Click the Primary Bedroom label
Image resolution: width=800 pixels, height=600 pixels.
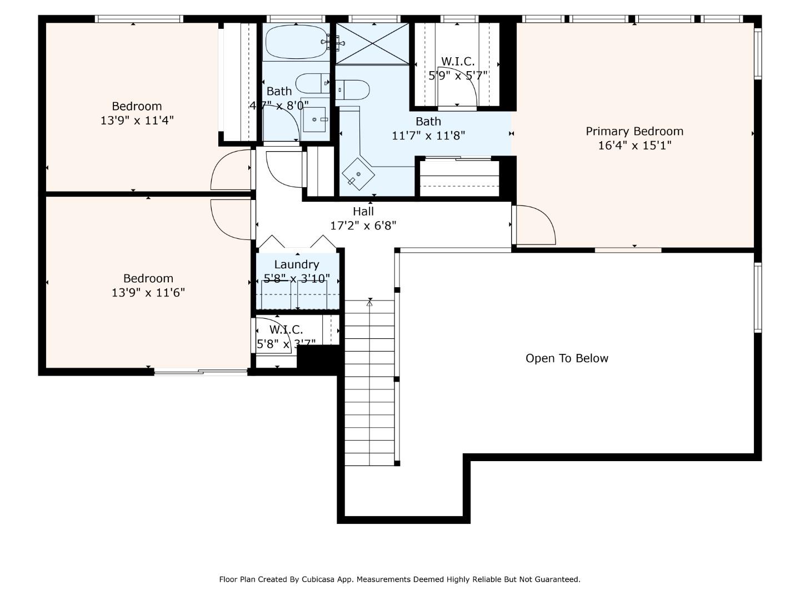click(x=634, y=132)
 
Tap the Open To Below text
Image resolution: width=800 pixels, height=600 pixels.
click(x=567, y=358)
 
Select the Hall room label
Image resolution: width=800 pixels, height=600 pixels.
click(x=363, y=211)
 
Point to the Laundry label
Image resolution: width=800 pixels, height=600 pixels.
click(x=297, y=265)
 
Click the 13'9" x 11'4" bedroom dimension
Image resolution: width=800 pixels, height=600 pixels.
click(x=137, y=120)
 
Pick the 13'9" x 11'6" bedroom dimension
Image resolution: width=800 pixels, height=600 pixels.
click(x=148, y=293)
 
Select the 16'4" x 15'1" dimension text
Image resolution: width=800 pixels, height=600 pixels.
click(x=634, y=146)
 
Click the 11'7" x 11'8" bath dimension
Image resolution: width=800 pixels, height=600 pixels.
click(x=428, y=136)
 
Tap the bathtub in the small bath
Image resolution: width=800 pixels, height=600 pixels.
click(x=296, y=42)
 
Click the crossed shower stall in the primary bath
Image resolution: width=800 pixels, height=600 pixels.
click(x=372, y=44)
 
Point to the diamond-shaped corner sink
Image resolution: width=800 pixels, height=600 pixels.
click(x=358, y=174)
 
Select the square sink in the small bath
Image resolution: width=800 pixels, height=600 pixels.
click(x=314, y=119)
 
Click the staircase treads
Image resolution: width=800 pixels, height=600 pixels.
click(x=369, y=383)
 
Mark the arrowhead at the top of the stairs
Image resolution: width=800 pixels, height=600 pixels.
click(x=369, y=301)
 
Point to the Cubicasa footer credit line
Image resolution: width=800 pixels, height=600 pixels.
click(x=399, y=579)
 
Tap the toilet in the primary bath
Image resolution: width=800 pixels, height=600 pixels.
click(x=352, y=89)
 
